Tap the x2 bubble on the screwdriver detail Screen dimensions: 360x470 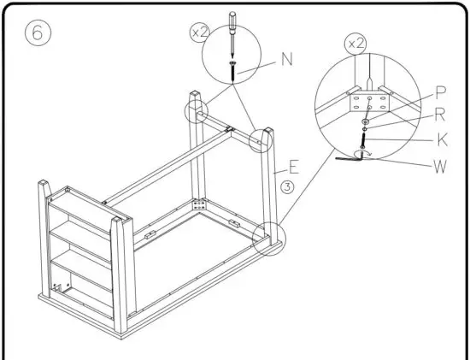click(199, 32)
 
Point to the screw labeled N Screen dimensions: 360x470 click(232, 71)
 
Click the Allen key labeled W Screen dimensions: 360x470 click(349, 157)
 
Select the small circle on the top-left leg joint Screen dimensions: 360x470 click(196, 111)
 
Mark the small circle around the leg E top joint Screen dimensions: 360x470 click(261, 139)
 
